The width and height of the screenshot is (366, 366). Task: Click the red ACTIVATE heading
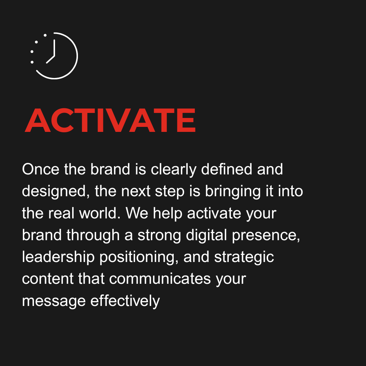pyautogui.click(x=110, y=120)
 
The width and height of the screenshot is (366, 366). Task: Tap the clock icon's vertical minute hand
pyautogui.click(x=54, y=48)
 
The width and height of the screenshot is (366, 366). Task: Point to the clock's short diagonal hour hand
pyautogui.click(x=50, y=60)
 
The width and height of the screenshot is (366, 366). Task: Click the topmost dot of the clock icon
pyautogui.click(x=45, y=35)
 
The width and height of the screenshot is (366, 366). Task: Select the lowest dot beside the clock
pyautogui.click(x=32, y=62)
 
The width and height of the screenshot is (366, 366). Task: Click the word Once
pyautogui.click(x=41, y=169)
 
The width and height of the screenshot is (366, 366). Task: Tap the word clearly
pyautogui.click(x=173, y=170)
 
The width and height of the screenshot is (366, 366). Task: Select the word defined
pyautogui.click(x=226, y=169)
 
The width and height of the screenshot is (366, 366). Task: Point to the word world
pyautogui.click(x=100, y=213)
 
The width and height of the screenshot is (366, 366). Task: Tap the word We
pyautogui.click(x=137, y=213)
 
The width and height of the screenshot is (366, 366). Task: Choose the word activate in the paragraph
pyautogui.click(x=214, y=213)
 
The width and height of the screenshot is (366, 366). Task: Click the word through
pyautogui.click(x=93, y=236)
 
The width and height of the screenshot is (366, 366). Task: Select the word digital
pyautogui.click(x=206, y=236)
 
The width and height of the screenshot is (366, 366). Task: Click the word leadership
pyautogui.click(x=58, y=257)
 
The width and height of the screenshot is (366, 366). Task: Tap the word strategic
pyautogui.click(x=244, y=257)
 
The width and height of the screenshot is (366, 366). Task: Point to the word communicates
pyautogui.click(x=160, y=279)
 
